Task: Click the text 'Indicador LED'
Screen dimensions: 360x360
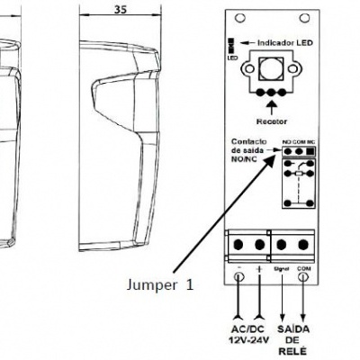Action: [x=285, y=42]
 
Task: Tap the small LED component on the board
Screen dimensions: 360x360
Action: [x=231, y=42]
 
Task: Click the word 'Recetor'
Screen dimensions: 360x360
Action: [x=271, y=118]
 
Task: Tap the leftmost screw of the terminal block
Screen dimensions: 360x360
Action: [x=240, y=243]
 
